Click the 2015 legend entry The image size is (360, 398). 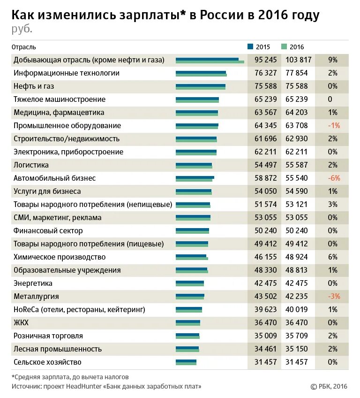[259, 47]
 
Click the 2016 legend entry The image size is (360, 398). [293, 47]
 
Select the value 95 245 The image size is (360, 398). [266, 60]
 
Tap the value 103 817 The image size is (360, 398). [298, 60]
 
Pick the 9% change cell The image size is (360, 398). [333, 60]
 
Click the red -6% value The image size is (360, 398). [334, 178]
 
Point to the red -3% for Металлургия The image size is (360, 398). [334, 297]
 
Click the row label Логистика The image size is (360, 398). [31, 165]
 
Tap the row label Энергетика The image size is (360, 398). [33, 283]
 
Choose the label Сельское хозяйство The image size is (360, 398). [47, 362]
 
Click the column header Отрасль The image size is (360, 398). [25, 47]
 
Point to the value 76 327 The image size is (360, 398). [266, 73]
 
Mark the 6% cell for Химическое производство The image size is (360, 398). [333, 257]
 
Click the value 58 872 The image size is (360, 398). [266, 178]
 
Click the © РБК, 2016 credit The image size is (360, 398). [329, 386]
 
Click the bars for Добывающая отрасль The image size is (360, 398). [210, 61]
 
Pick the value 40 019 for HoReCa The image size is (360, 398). [298, 310]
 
